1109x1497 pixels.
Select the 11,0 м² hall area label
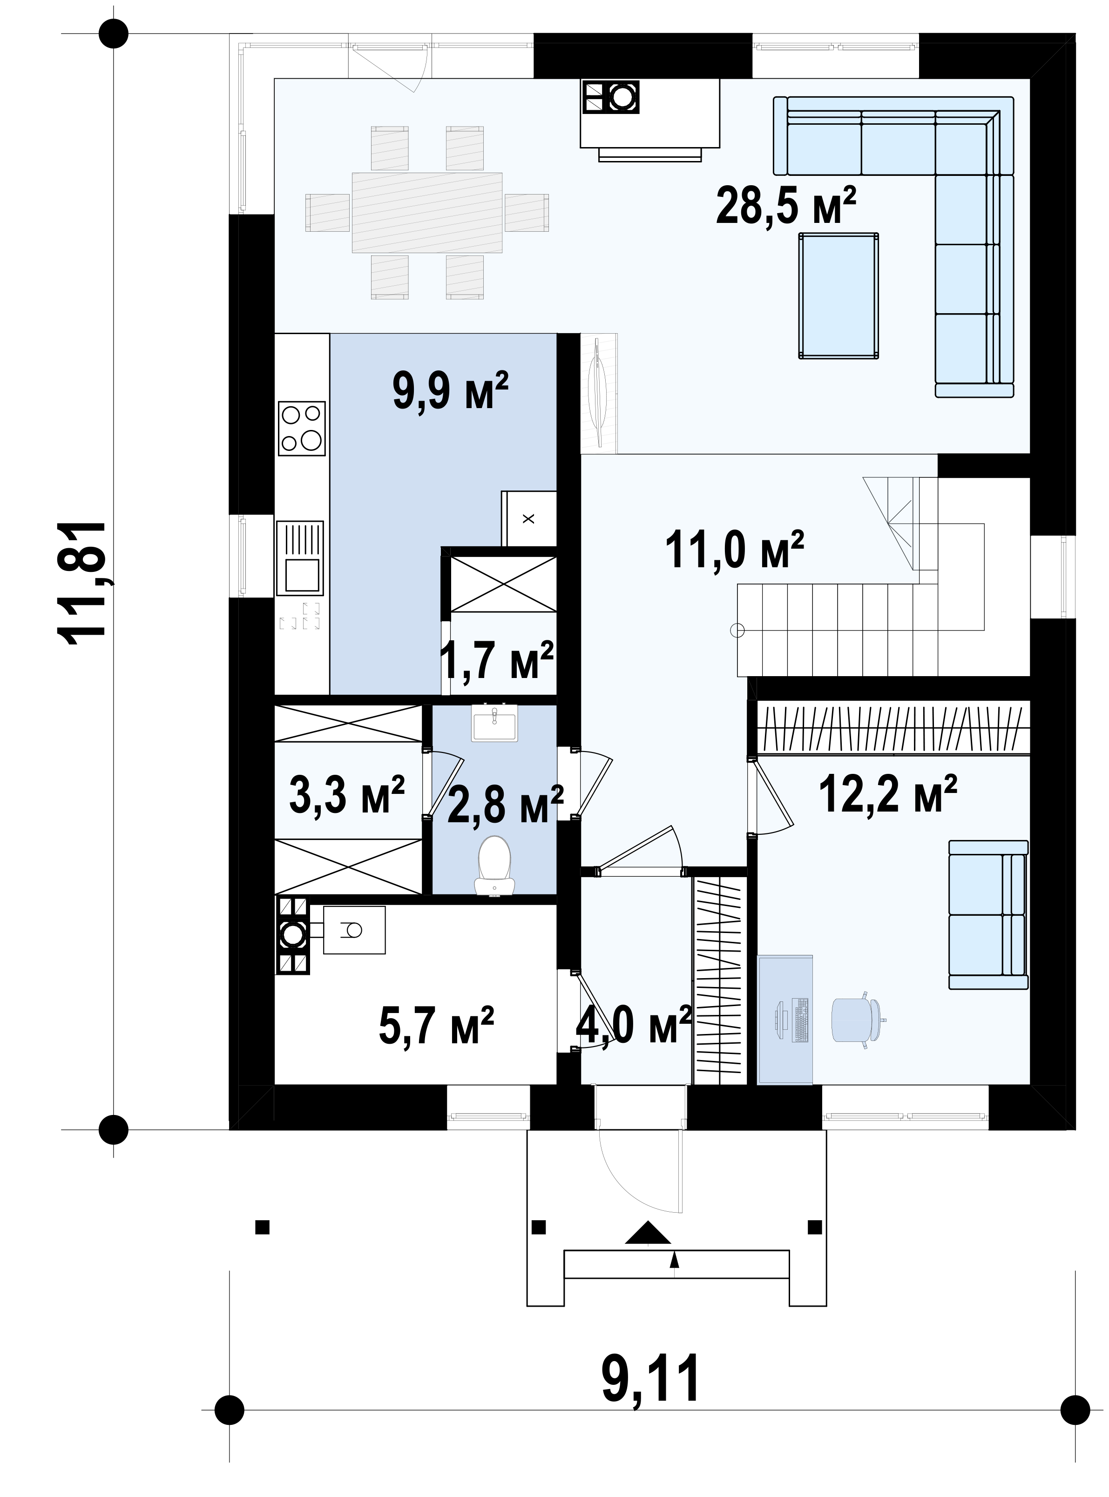coord(734,549)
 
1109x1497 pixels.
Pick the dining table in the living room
coord(427,212)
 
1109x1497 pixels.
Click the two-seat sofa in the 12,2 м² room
coord(988,914)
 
